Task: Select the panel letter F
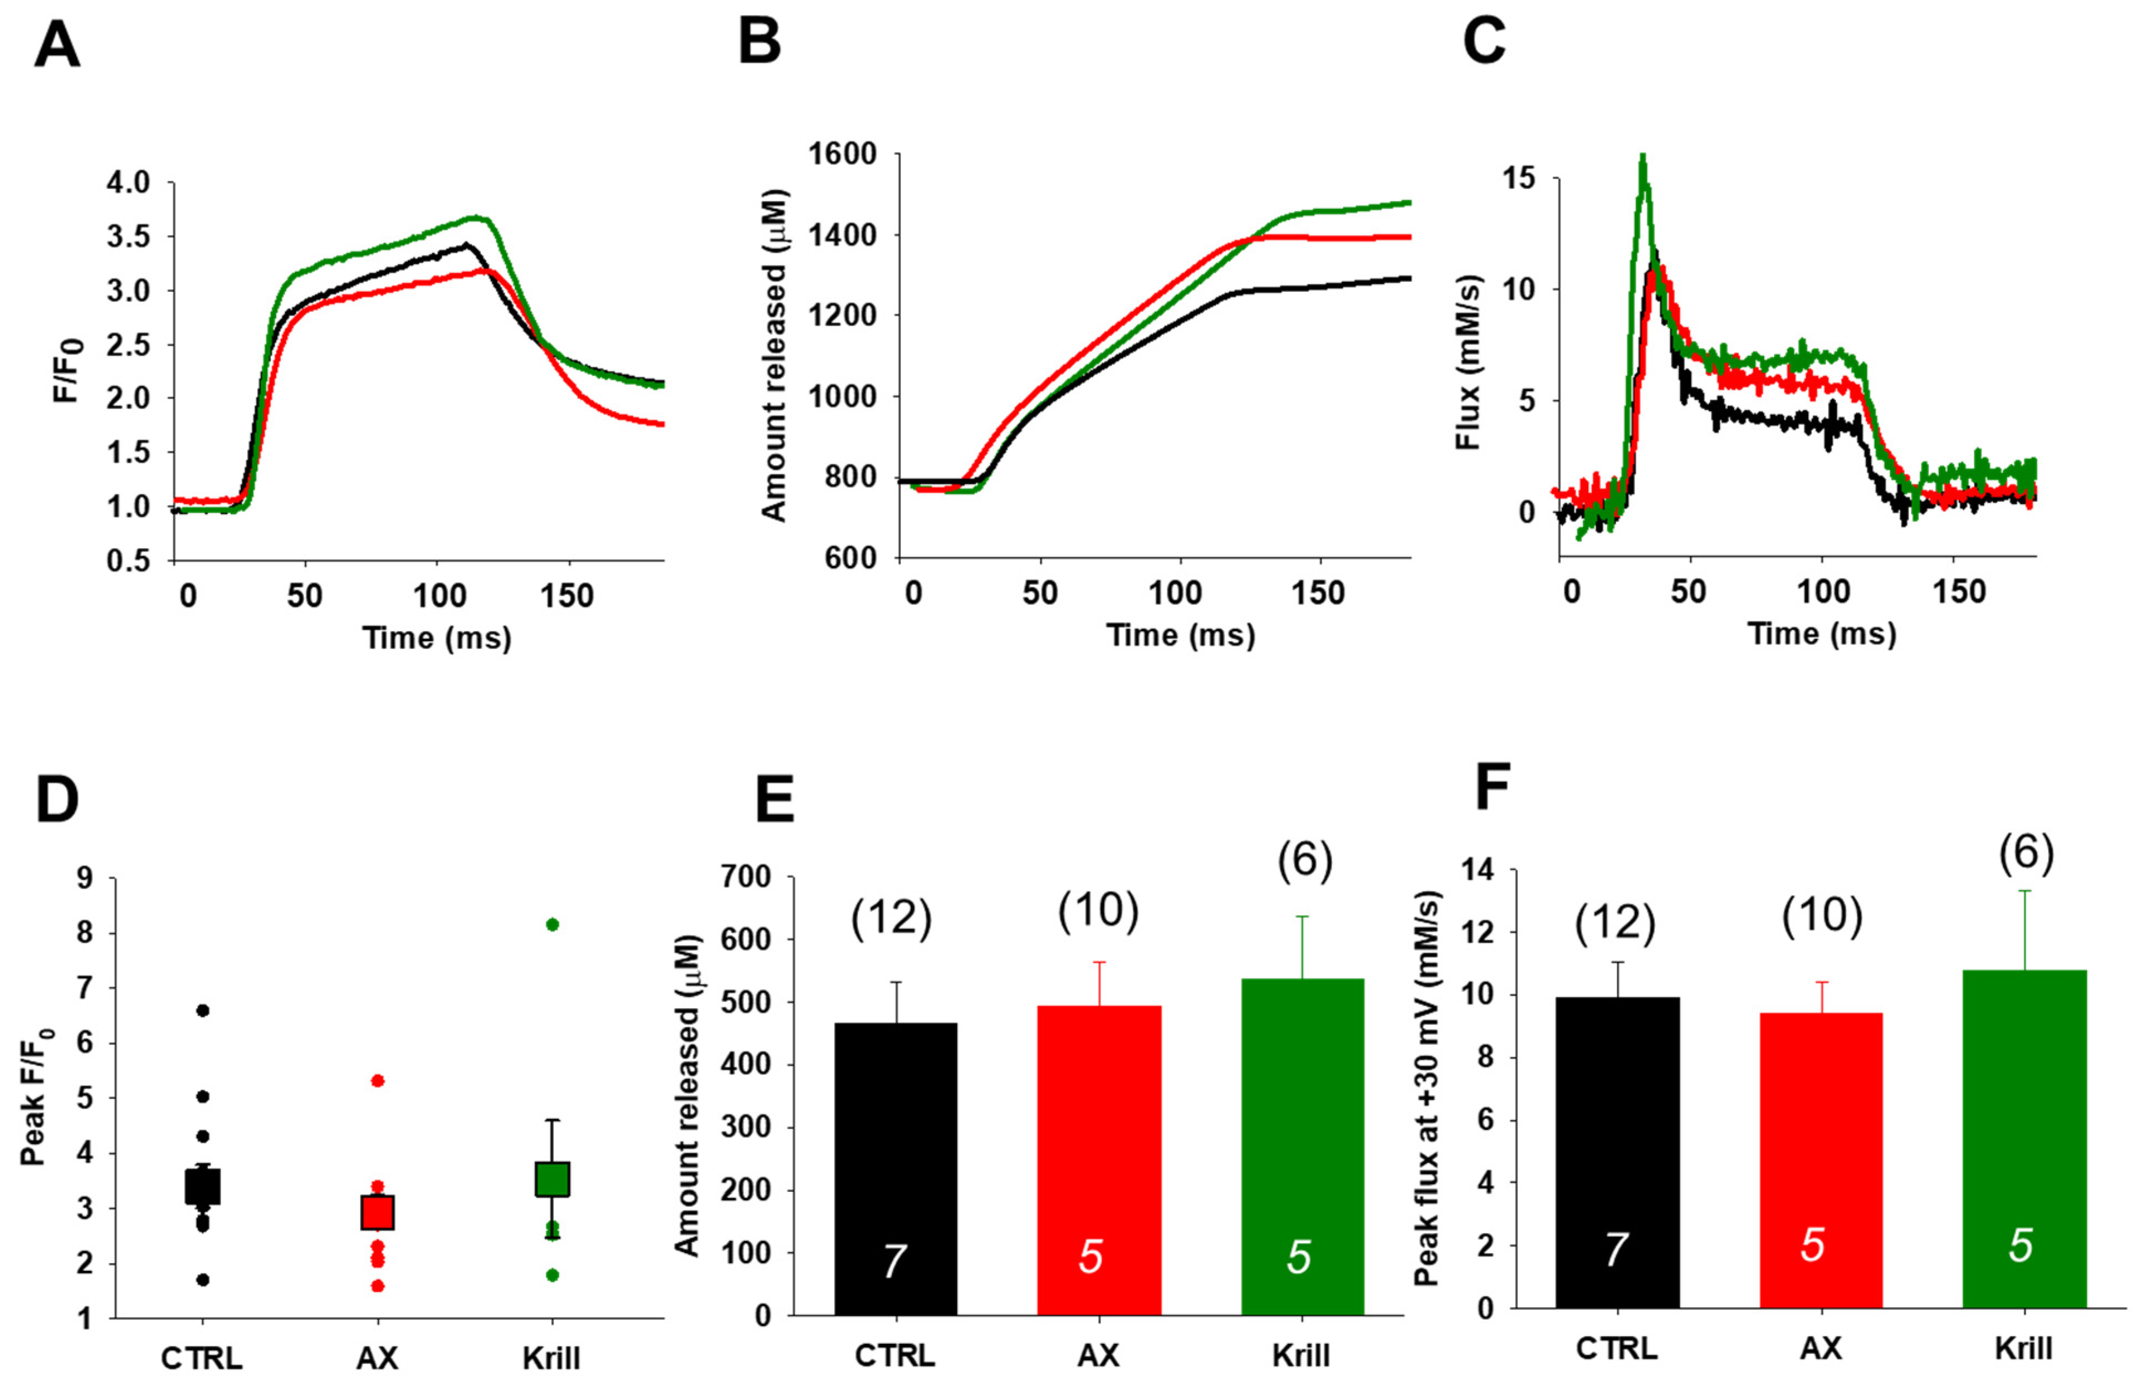pos(1492,788)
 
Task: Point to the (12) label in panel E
pos(890,918)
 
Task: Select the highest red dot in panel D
pos(378,1080)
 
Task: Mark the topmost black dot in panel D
pos(202,1010)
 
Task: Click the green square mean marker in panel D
pos(552,1179)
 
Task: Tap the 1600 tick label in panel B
pos(842,154)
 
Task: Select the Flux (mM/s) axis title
pos(1469,362)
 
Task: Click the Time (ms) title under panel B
pos(1180,635)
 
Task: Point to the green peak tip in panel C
pos(1643,155)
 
